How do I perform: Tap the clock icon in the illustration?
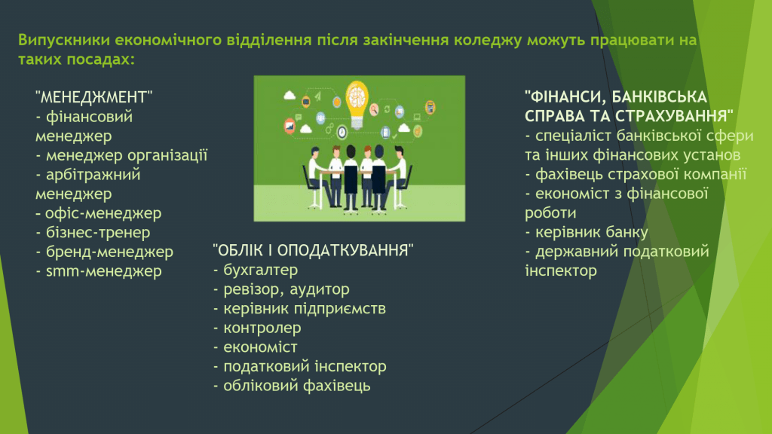pos(342,132)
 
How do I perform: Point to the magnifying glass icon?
pos(374,109)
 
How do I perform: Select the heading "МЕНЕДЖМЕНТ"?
pos(94,97)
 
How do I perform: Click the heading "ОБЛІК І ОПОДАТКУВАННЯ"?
pos(313,250)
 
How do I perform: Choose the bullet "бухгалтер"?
pos(256,270)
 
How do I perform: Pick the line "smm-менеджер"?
pos(99,271)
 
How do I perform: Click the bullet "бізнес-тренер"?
pos(93,232)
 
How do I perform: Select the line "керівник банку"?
pos(587,232)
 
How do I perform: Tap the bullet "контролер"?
pos(257,328)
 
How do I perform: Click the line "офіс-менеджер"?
pos(99,213)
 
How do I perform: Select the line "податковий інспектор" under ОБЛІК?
pos(300,367)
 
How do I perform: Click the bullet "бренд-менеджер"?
pos(104,252)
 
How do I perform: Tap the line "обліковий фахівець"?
pos(292,386)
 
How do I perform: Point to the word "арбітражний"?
pos(93,175)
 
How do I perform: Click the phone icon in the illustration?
pos(385,132)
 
